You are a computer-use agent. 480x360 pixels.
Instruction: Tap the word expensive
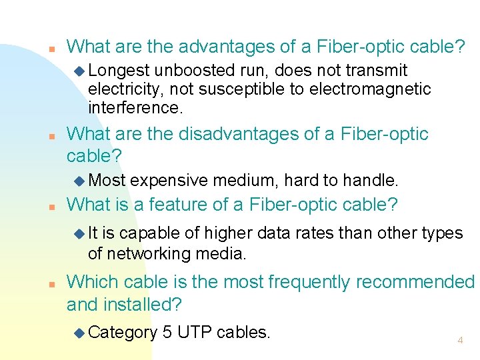click(x=168, y=179)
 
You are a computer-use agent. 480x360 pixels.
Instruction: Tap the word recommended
click(x=415, y=283)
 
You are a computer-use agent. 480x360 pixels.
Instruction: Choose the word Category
click(x=122, y=332)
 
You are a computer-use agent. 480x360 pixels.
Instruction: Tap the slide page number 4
click(x=460, y=341)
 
